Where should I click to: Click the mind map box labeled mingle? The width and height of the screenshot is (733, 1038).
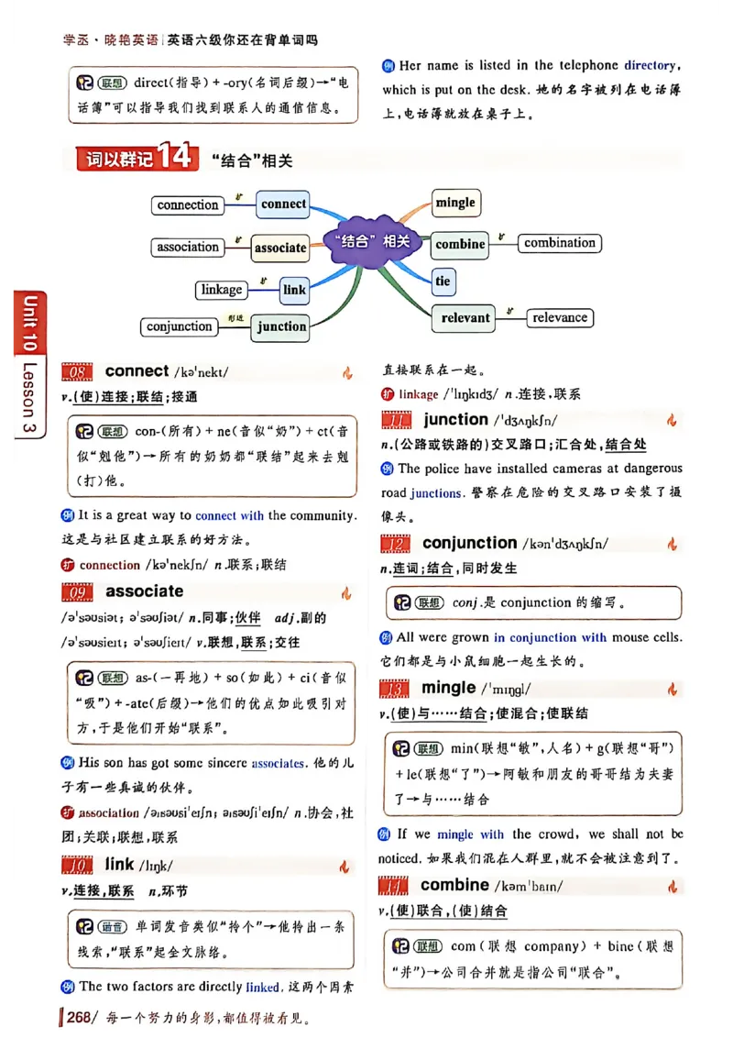455,203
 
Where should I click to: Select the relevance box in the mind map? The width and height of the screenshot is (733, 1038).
560,317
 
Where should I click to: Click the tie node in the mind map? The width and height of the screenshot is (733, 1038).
443,281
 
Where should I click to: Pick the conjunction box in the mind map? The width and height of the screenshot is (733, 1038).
180,326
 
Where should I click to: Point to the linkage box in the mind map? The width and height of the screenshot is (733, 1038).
222,290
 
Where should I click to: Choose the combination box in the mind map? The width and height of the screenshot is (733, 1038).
560,243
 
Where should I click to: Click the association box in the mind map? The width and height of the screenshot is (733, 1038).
188,247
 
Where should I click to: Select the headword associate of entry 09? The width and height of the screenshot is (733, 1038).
144,591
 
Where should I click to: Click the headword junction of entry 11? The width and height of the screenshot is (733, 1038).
455,420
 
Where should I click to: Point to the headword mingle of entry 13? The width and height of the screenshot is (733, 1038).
448,688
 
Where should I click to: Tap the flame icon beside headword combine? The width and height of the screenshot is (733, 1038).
673,887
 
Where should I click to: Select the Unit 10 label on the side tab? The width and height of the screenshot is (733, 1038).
29,325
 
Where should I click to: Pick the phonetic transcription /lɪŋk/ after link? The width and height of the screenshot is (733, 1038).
154,865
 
